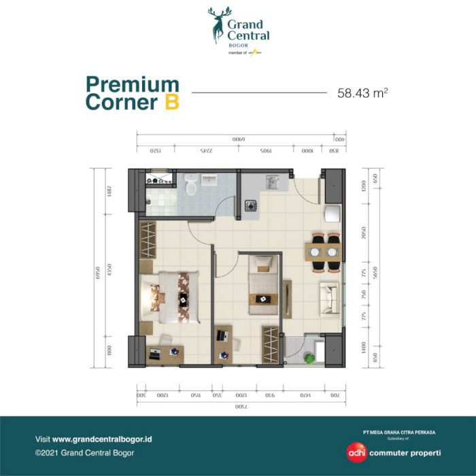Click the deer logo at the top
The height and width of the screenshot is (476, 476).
pyautogui.click(x=220, y=24)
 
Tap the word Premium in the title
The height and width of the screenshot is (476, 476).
pyautogui.click(x=132, y=85)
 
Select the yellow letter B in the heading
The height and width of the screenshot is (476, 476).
pyautogui.click(x=171, y=103)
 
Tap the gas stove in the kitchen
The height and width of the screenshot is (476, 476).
pyautogui.click(x=250, y=205)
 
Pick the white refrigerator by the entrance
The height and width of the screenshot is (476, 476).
pyautogui.click(x=332, y=213)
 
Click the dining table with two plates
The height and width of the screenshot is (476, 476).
pyautogui.click(x=322, y=252)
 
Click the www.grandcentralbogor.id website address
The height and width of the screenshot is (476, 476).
pyautogui.click(x=102, y=439)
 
